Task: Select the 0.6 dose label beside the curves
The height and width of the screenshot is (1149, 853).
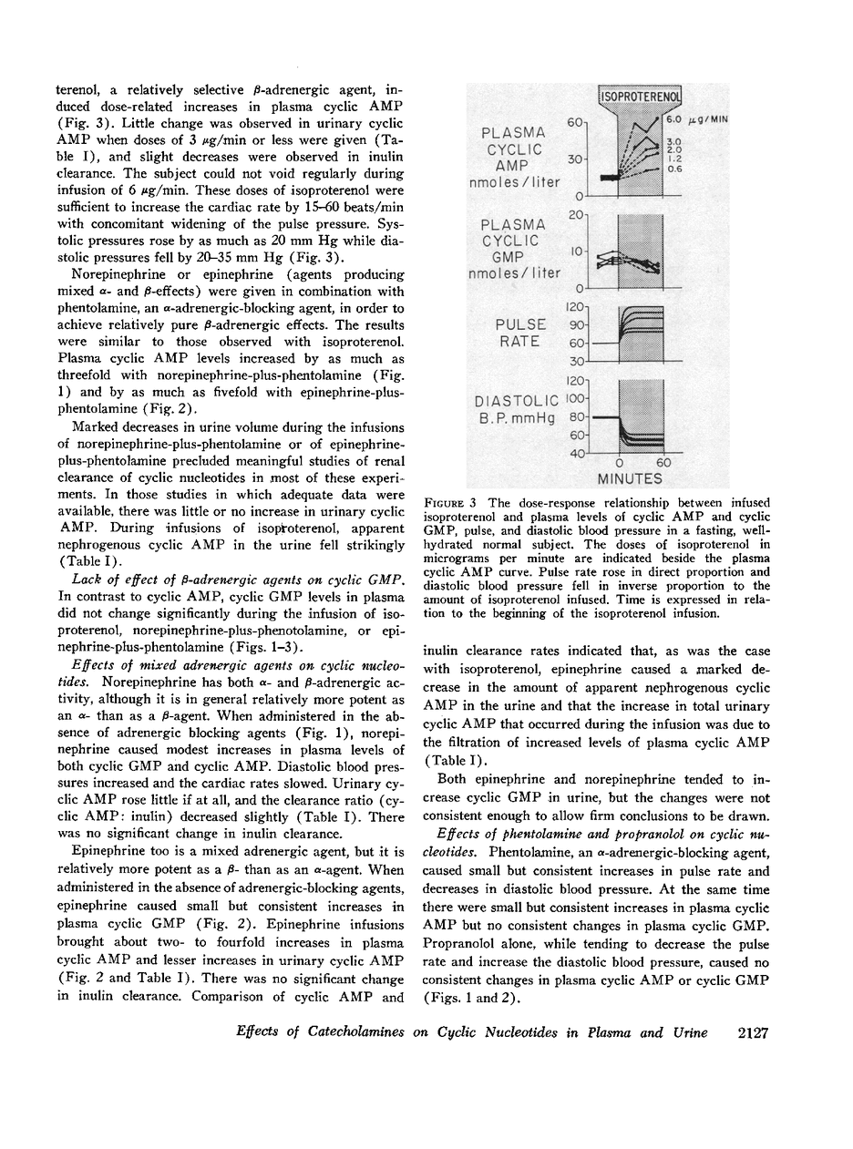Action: click(x=674, y=167)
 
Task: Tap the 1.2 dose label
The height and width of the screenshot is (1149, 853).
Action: click(x=674, y=158)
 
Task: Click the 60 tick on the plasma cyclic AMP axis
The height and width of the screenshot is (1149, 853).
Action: click(x=575, y=121)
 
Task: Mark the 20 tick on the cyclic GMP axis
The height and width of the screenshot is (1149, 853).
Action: click(x=575, y=214)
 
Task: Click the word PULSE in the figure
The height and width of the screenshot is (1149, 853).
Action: click(x=520, y=324)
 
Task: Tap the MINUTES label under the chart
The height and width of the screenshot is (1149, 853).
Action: click(x=629, y=477)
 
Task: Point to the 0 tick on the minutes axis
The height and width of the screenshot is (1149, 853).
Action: click(x=619, y=463)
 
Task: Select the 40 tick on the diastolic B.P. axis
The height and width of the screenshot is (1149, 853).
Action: click(x=577, y=454)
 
